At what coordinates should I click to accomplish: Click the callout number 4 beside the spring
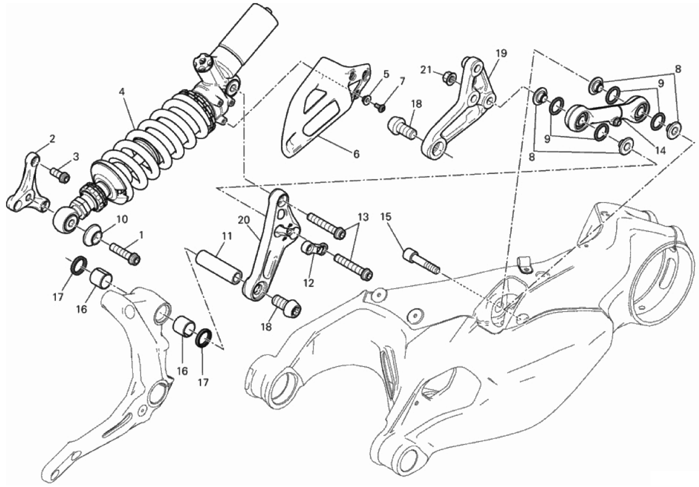coord(122,92)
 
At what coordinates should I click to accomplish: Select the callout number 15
coord(386,216)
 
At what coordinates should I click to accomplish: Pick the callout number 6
coord(356,154)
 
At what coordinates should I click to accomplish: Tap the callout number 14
coord(660,150)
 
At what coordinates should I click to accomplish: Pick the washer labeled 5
coord(367,100)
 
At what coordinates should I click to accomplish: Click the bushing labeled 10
coord(92,234)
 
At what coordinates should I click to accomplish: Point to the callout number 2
coord(52,139)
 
